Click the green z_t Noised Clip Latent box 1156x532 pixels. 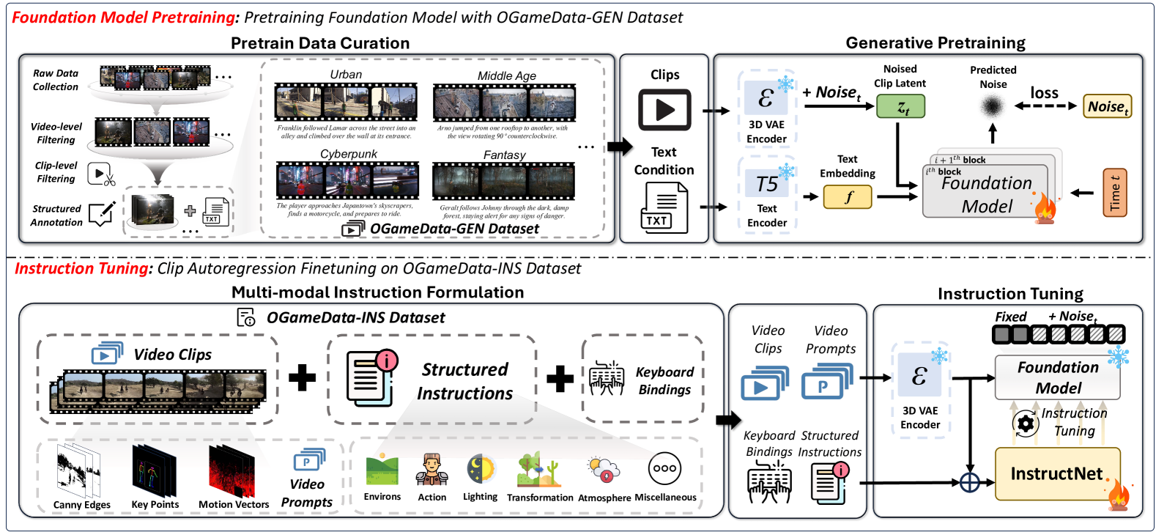pyautogui.click(x=900, y=107)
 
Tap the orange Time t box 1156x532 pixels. pyautogui.click(x=1114, y=193)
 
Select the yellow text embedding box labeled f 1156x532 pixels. pyautogui.click(x=848, y=197)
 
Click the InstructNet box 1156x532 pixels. pyautogui.click(x=1057, y=474)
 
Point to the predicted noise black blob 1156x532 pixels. pyautogui.click(x=993, y=107)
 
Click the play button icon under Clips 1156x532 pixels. pyautogui.click(x=664, y=110)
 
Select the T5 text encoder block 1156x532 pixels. pyautogui.click(x=767, y=183)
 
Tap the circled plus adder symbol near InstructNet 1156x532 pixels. pyautogui.click(x=970, y=482)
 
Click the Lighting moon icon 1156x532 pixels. pyautogui.click(x=481, y=470)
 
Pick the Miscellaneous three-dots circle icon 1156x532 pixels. pyautogui.click(x=664, y=469)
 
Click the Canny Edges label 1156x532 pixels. pyautogui.click(x=82, y=505)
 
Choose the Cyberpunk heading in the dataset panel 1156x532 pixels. pyautogui.click(x=349, y=154)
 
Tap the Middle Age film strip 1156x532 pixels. pyautogui.click(x=505, y=103)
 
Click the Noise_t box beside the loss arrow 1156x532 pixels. pyautogui.click(x=1108, y=107)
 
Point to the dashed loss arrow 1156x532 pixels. pyautogui.click(x=1045, y=106)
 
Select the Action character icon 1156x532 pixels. pyautogui.click(x=431, y=470)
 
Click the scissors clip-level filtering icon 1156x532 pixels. pyautogui.click(x=101, y=174)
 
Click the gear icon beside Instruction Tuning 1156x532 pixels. pyautogui.click(x=1026, y=424)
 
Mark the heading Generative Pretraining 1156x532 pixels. pyautogui.click(x=935, y=43)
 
